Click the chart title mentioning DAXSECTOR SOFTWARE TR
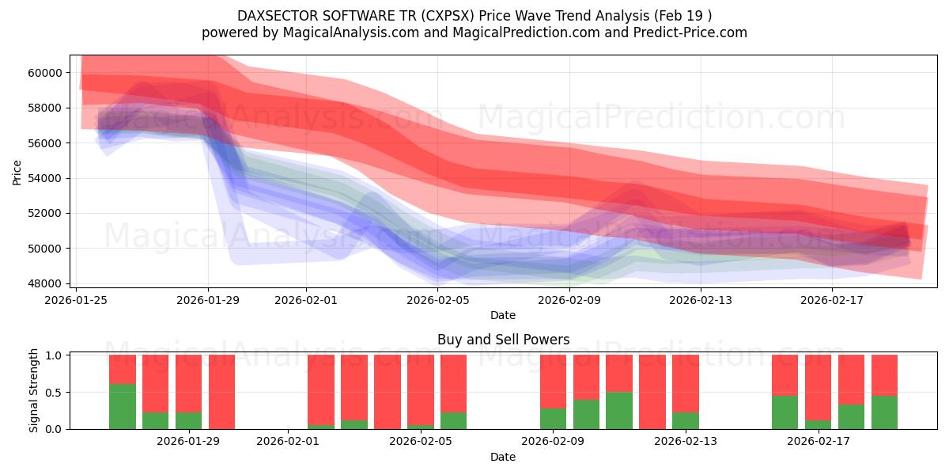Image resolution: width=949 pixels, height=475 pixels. (474, 15)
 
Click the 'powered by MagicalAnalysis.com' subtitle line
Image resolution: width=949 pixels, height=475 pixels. (474, 32)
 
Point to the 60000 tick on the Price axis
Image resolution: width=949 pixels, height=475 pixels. (44, 73)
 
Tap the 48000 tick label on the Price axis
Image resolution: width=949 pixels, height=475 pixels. (44, 283)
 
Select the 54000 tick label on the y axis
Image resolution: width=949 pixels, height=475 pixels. (44, 178)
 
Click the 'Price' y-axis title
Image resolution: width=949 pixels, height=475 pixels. (17, 172)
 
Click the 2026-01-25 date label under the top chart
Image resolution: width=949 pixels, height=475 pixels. (76, 299)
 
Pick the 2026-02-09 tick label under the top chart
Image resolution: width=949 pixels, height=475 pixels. (569, 299)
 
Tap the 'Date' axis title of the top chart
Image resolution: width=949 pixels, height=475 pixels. (502, 315)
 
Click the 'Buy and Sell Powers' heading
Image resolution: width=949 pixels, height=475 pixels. (502, 340)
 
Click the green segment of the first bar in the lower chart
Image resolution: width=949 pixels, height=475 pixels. (123, 406)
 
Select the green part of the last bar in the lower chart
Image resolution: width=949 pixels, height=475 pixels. (884, 412)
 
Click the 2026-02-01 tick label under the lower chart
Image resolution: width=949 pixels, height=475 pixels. (288, 442)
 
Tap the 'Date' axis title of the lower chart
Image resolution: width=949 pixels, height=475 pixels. (502, 457)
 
